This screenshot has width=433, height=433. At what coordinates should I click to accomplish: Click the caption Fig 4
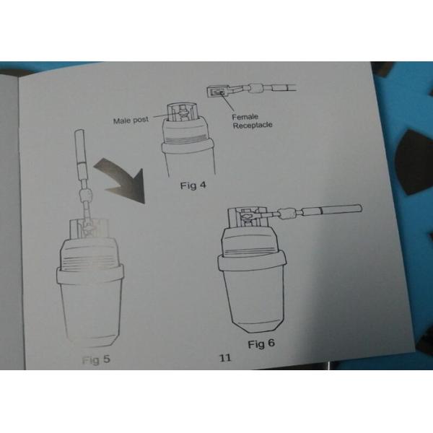coord(193,185)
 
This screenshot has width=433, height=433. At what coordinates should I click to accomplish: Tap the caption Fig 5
coord(96,359)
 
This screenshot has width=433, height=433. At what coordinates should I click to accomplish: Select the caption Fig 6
coord(261,344)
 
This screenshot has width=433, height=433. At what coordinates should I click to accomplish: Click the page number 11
coord(225,358)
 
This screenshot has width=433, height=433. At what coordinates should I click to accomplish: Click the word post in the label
coord(141,120)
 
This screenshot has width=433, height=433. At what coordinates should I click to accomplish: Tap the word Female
coord(245,117)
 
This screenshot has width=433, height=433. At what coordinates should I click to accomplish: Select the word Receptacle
coord(253,125)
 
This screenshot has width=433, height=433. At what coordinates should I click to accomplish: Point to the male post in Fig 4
coord(183,113)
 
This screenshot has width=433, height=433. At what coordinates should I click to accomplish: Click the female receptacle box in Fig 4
coord(217,92)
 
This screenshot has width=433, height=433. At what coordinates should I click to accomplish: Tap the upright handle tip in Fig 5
coord(79,131)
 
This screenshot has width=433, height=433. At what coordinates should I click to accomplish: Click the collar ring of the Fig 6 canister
coord(252,263)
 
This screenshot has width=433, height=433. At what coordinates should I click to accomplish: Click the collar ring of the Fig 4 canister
coord(187,146)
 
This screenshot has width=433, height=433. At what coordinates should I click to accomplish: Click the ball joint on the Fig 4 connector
coord(257,89)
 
